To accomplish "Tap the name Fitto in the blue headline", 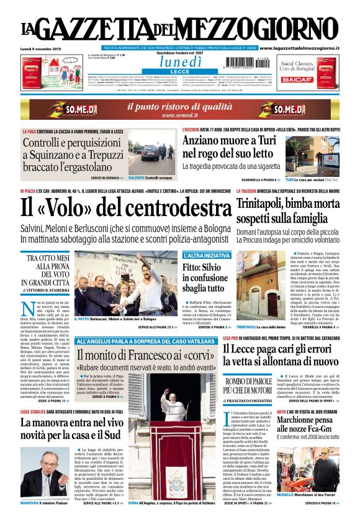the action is coord(194,268).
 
